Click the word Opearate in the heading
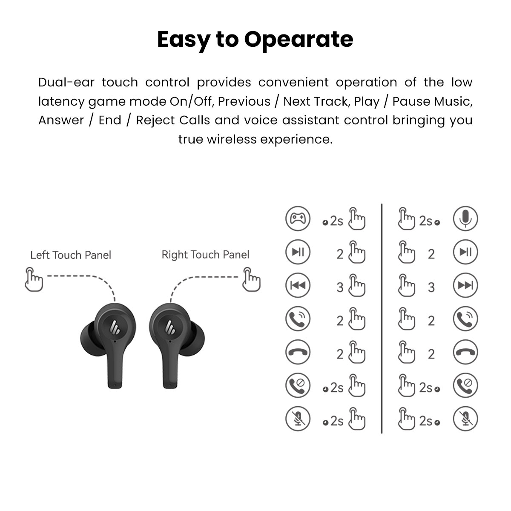tap(299, 40)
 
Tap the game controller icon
tap(298, 218)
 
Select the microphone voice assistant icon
tap(465, 218)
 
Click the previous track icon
tap(298, 285)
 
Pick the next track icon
tap(465, 285)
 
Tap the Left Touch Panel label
tap(71, 255)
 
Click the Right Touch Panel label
tap(206, 255)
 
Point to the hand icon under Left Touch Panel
tap(34, 279)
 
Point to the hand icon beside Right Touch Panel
tap(251, 279)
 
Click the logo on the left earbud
tap(115, 327)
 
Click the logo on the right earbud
tap(170, 327)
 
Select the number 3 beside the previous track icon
tap(340, 287)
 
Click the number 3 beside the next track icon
tap(431, 287)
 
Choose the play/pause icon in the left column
tap(298, 252)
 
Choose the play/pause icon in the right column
tap(465, 252)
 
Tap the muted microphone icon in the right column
tap(465, 419)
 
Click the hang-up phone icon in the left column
tap(298, 352)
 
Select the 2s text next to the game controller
tap(336, 221)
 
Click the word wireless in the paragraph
tap(232, 139)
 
